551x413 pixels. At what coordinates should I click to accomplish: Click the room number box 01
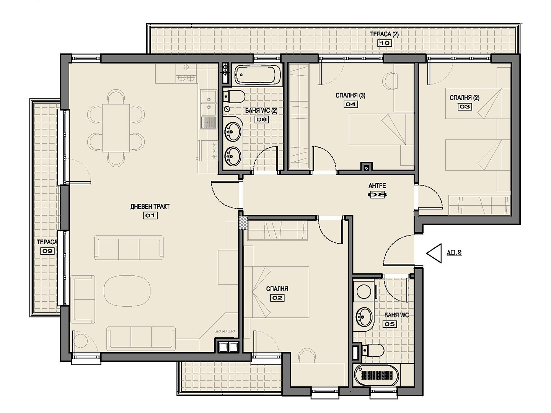pos(150,215)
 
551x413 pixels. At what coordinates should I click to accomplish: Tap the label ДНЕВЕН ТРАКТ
pos(150,206)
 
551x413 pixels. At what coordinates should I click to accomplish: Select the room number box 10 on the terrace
pos(384,43)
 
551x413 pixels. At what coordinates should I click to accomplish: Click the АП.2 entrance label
pos(454,252)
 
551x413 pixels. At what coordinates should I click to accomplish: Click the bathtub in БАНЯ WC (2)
pos(258,75)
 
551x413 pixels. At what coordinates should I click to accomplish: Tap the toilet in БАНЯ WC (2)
pos(234,96)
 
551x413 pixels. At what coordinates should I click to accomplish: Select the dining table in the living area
pos(116,128)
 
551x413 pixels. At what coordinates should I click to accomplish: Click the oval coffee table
pos(127,291)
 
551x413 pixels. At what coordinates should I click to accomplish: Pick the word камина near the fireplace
pos(225,331)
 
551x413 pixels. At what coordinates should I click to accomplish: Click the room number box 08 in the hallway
pos(377,195)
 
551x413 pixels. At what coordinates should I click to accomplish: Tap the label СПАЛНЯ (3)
pos(350,95)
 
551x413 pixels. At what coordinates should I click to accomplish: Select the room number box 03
pos(465,107)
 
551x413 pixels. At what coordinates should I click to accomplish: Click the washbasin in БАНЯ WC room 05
pos(363,317)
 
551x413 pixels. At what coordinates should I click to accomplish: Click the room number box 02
pos(277,298)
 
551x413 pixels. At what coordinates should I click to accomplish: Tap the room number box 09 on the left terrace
pos(47,251)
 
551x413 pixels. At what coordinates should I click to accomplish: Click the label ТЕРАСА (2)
pos(384,34)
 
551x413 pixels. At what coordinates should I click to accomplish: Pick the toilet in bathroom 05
pos(373,350)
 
